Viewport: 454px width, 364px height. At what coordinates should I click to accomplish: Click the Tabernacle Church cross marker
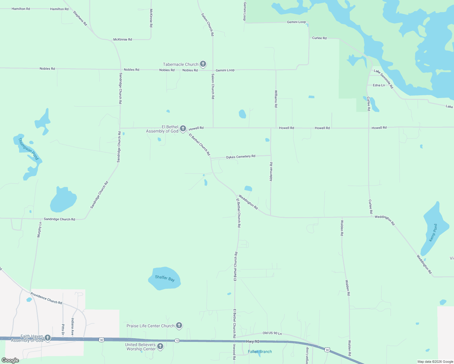[203, 64]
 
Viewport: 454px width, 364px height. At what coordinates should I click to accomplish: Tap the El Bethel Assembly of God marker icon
[183, 129]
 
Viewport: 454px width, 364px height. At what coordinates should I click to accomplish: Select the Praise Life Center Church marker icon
[179, 325]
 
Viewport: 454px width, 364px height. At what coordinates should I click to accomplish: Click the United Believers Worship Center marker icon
[160, 346]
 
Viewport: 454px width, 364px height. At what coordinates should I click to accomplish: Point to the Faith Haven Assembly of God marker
[47, 338]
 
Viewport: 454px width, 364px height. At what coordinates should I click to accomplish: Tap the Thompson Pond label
[29, 149]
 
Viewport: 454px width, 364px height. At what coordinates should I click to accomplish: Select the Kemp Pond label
[433, 233]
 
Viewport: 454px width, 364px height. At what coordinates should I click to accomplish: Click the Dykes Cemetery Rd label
[241, 157]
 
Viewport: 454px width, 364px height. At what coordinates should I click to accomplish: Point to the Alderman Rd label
[271, 172]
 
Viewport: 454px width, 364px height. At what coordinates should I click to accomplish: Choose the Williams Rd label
[276, 99]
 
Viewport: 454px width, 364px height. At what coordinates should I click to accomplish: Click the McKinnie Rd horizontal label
[123, 39]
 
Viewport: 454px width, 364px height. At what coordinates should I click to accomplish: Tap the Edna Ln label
[379, 85]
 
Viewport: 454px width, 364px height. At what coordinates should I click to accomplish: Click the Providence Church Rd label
[46, 298]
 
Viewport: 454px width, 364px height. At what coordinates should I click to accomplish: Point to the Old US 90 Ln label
[272, 333]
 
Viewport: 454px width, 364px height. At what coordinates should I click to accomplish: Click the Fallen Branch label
[260, 352]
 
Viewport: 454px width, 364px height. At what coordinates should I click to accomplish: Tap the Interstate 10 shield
[177, 341]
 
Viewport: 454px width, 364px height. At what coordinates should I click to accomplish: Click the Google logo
[10, 360]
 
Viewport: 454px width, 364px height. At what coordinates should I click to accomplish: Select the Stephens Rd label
[80, 18]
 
